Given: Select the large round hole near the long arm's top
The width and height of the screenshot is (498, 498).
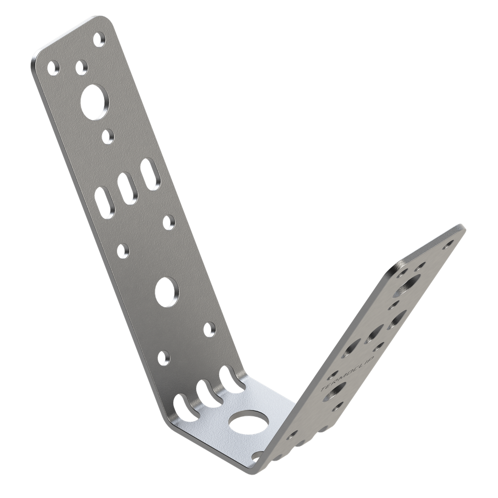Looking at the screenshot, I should [95, 102].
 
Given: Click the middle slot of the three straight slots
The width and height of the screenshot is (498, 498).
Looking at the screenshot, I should [126, 187].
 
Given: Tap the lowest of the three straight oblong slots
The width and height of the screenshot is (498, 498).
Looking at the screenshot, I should [105, 202].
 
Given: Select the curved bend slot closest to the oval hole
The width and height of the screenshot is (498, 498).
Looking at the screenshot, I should [230, 378].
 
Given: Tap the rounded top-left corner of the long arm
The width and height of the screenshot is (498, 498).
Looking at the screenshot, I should [38, 55].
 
